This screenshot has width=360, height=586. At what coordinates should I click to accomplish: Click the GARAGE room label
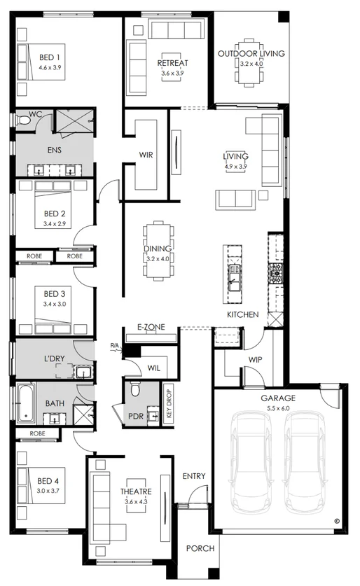(x=279, y=398)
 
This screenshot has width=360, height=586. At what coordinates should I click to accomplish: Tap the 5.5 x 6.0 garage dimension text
(x=279, y=407)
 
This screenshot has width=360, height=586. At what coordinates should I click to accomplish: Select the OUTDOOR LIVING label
(x=251, y=53)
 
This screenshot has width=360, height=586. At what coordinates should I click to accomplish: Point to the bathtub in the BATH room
(x=25, y=403)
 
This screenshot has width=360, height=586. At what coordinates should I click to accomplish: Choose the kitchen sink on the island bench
(x=233, y=279)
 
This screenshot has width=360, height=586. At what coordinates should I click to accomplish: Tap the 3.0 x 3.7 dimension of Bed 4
(x=49, y=491)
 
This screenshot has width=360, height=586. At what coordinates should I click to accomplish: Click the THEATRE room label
(x=132, y=491)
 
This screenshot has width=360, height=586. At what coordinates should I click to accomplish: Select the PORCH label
(x=200, y=548)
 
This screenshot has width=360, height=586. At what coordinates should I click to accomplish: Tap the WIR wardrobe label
(x=146, y=154)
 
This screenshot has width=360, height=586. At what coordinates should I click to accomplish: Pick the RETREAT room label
(x=172, y=64)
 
